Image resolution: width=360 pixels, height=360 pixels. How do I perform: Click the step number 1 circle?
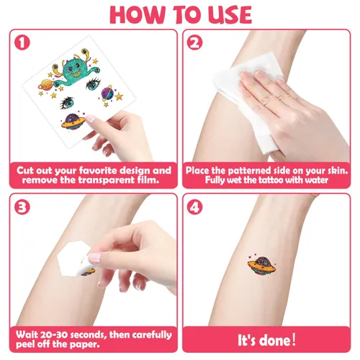point(22,42)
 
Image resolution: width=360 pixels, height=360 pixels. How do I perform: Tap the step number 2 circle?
point(194,42)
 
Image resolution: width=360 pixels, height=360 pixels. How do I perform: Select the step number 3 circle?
point(22,207)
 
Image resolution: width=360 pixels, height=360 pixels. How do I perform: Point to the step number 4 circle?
point(194,207)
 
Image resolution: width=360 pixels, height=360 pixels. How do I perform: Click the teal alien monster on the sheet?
point(75,68)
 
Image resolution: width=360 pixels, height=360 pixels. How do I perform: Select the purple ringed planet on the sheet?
point(107,93)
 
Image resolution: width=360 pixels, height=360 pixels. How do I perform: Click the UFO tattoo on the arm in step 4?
point(262,265)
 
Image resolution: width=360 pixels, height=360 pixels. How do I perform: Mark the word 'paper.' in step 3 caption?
point(84,345)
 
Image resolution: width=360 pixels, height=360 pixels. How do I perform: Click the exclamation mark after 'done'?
point(293,340)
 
